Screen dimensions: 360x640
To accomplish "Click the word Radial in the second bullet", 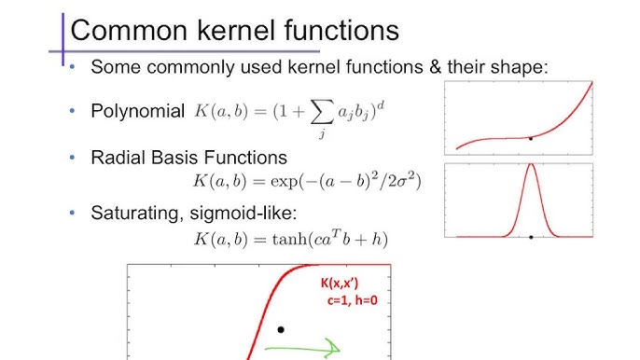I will (x=118, y=158).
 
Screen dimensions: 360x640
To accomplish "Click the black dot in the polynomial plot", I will (x=531, y=138).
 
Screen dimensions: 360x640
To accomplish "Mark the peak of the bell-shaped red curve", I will (x=531, y=166).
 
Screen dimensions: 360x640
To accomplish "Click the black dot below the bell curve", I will (x=531, y=237).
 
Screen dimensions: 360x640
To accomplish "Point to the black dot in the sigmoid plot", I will (x=280, y=329).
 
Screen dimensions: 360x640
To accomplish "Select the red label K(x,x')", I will (x=346, y=283).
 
